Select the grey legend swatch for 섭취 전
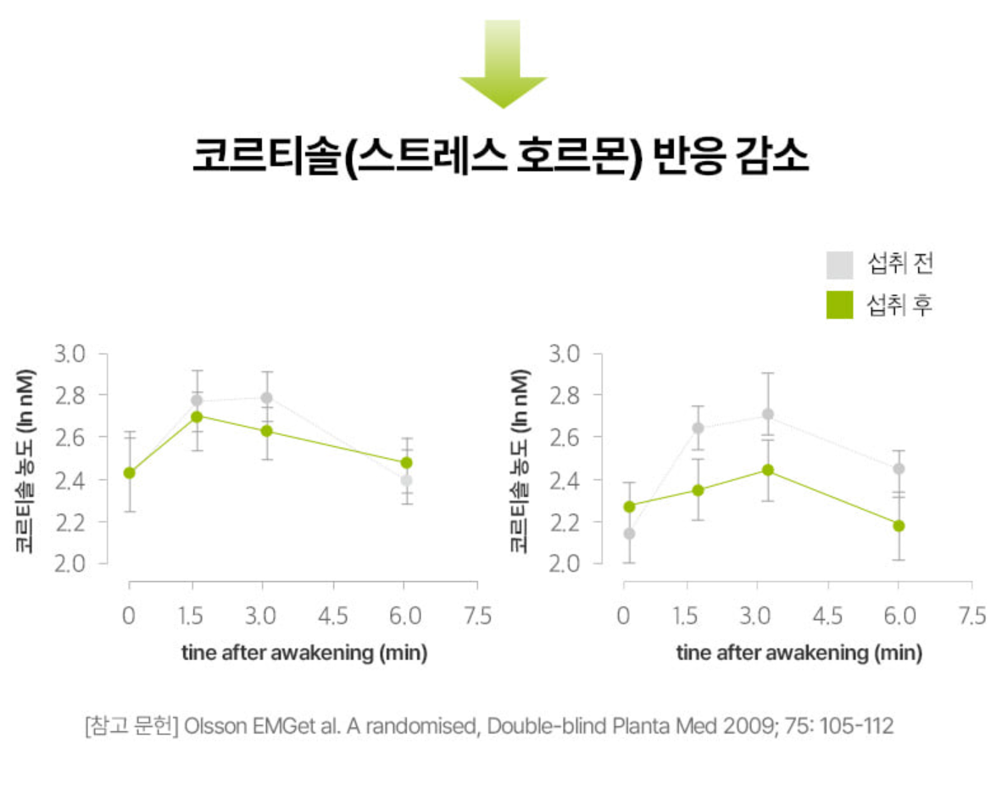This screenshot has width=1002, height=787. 839,265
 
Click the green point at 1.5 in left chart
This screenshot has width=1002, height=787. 197,416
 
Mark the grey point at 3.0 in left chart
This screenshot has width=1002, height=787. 266,398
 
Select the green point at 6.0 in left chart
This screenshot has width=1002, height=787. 406,463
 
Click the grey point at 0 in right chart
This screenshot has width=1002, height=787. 629,533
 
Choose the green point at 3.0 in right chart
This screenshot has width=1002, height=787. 768,470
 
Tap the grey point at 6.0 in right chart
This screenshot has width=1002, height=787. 899,468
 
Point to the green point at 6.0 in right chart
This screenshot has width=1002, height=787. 899,526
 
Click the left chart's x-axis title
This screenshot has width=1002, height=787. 303,653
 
